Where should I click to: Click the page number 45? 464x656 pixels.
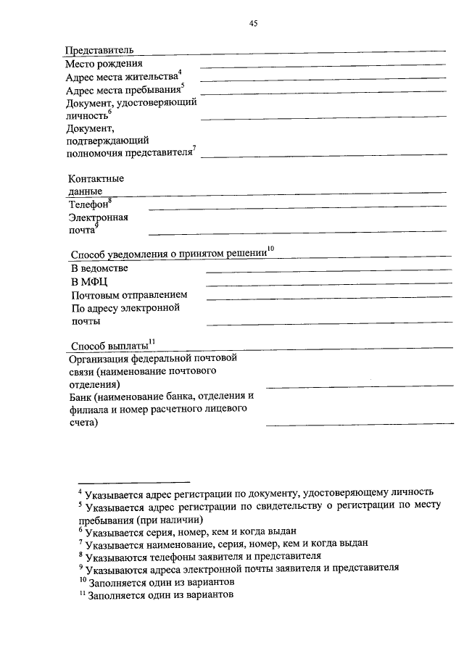tap(254, 24)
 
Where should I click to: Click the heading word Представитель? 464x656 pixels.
tap(99, 50)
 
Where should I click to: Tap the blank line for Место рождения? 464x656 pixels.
tap(323, 67)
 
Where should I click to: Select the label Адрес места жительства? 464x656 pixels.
tap(120, 77)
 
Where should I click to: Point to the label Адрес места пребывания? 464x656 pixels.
tap(123, 91)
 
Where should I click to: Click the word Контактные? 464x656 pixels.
tap(96, 178)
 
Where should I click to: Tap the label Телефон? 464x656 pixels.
tap(88, 206)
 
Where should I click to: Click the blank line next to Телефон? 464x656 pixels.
tap(297, 209)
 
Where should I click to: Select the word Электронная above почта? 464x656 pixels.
tap(99, 217)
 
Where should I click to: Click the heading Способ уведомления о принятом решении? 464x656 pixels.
tap(168, 254)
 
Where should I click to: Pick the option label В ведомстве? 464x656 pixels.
tap(99, 268)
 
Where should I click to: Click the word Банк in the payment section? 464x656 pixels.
tap(81, 396)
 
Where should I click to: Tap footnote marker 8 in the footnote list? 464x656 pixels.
tap(80, 555)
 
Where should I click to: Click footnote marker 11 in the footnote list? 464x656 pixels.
tap(82, 594)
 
